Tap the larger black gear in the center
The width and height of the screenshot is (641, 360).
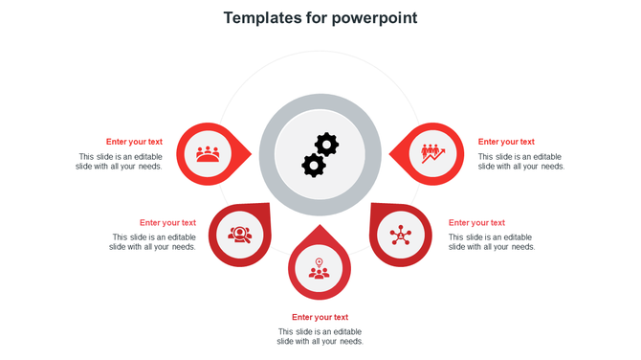(x=314, y=165)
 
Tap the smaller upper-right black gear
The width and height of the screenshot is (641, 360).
(x=327, y=145)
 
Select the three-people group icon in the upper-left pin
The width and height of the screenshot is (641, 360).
(x=208, y=153)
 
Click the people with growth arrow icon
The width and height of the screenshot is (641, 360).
(x=432, y=153)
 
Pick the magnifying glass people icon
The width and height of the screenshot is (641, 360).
(x=239, y=234)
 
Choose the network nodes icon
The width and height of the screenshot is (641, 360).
(x=400, y=235)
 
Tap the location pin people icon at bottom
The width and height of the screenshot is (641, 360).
(x=320, y=268)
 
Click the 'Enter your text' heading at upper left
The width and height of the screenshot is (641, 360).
(x=134, y=142)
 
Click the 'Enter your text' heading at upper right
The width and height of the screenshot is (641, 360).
(x=506, y=142)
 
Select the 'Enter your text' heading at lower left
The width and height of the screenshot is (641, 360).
(x=167, y=223)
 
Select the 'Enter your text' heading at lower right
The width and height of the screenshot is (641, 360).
(x=476, y=223)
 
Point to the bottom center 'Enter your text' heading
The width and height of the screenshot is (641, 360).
(x=320, y=317)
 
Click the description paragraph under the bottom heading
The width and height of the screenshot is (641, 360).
(x=320, y=336)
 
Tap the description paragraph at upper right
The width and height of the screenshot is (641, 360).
(x=520, y=161)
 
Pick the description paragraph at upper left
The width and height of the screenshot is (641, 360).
(x=120, y=161)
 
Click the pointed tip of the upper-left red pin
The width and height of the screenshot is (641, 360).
(x=252, y=153)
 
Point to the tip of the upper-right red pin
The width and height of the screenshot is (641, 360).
(x=389, y=153)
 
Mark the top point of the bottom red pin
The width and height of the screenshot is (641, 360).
(x=320, y=225)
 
